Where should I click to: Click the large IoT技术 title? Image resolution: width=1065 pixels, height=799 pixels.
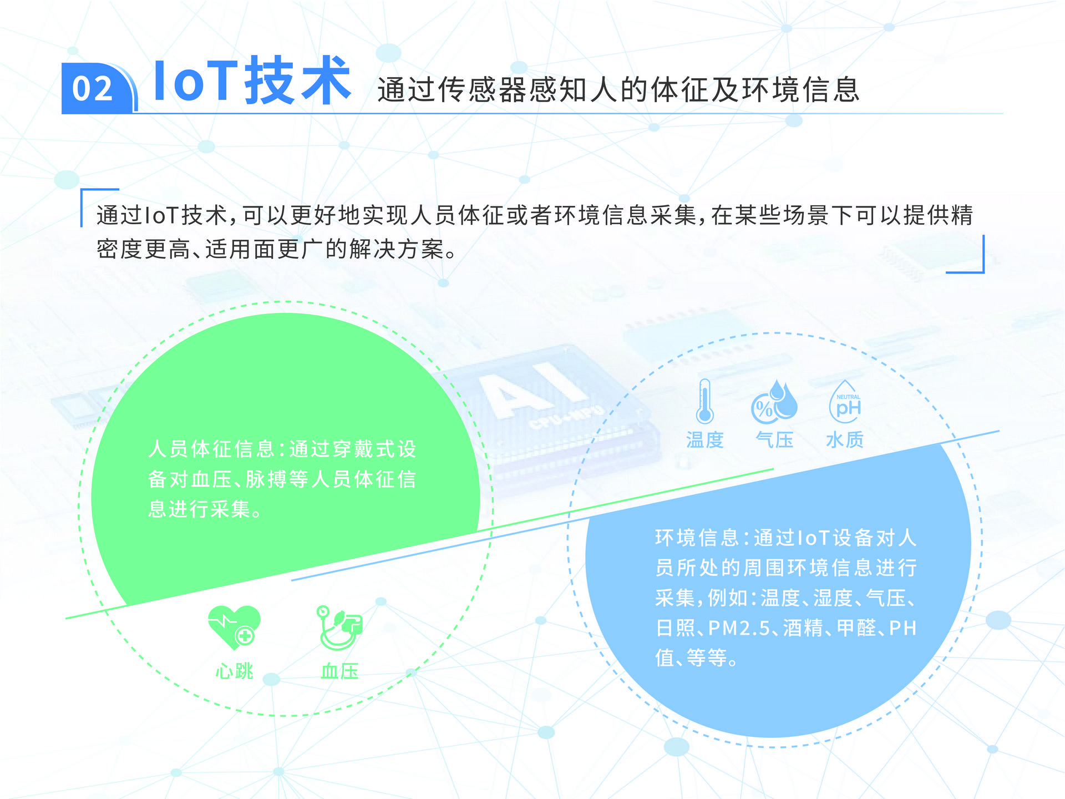[252, 80]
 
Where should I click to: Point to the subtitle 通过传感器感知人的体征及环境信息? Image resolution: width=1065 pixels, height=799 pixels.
[618, 89]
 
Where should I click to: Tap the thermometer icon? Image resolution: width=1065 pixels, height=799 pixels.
[704, 401]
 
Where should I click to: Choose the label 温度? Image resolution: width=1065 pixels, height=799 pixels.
[705, 440]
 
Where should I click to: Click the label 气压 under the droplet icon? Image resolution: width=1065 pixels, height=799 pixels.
[774, 440]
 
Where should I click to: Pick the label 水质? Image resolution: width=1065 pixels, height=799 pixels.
[845, 440]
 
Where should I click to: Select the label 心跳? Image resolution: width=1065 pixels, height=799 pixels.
[234, 671]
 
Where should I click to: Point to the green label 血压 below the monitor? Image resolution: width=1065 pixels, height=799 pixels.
[339, 671]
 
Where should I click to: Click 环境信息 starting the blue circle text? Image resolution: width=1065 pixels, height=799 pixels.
[697, 538]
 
